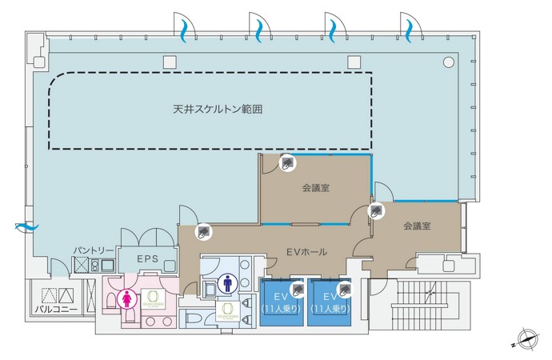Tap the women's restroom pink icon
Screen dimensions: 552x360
click(126, 298)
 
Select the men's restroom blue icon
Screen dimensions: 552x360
click(228, 282)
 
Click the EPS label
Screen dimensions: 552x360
click(146, 259)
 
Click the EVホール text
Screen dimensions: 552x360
click(306, 252)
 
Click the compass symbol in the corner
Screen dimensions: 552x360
click(526, 339)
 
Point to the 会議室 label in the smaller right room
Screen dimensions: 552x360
click(417, 226)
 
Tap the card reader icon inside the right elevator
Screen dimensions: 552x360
click(346, 288)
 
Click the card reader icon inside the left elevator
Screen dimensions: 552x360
click(297, 288)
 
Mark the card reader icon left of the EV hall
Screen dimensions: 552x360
click(205, 231)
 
